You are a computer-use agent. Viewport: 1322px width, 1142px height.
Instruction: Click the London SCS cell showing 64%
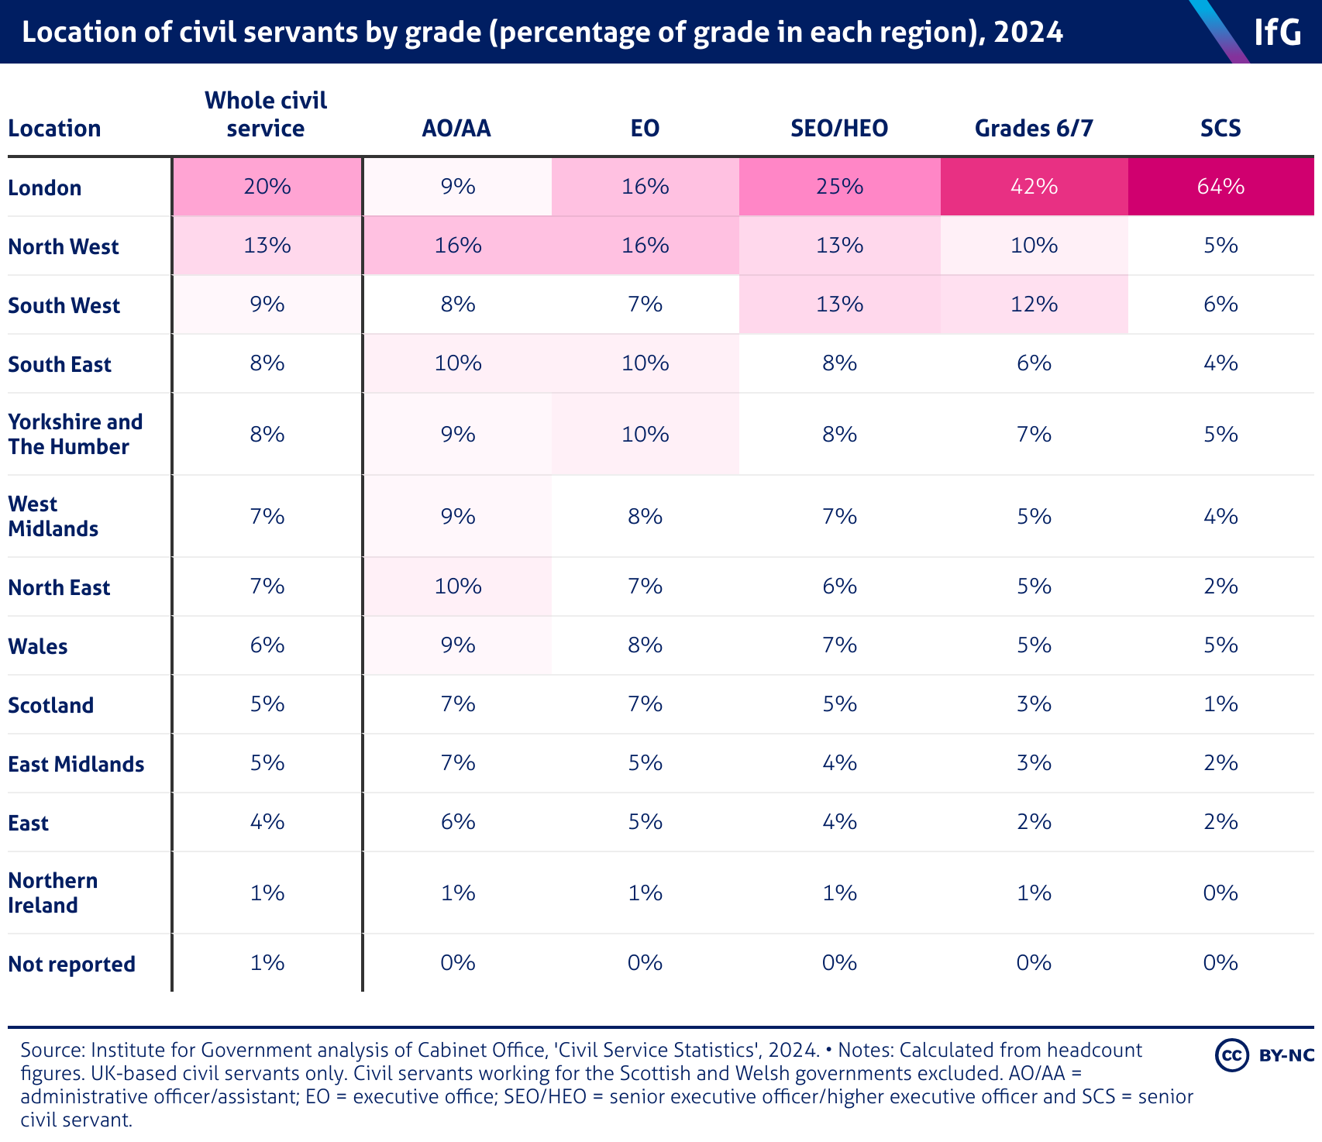coord(1220,187)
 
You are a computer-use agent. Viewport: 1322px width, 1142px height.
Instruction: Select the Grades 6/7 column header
coord(1034,128)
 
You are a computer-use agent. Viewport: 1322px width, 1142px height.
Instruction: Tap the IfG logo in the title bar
coord(1277,32)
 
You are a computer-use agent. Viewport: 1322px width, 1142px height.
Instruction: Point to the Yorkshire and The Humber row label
coord(75,434)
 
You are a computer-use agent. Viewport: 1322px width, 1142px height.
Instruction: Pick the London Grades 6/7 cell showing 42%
coord(1034,187)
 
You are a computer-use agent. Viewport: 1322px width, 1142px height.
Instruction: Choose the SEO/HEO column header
coord(839,128)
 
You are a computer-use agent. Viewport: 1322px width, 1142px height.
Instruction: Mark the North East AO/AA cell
coord(458,586)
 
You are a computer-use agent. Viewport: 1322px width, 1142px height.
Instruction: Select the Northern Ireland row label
coord(53,893)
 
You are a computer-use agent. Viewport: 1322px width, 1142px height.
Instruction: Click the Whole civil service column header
coord(266,114)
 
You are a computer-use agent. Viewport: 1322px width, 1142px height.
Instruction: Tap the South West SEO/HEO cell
coord(839,304)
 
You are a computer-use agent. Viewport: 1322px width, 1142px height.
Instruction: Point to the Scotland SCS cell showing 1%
coord(1220,704)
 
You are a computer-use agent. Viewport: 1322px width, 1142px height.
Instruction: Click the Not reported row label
coord(71,964)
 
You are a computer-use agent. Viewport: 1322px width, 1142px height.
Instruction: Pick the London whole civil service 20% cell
coord(267,187)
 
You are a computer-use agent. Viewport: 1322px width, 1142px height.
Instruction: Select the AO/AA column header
coord(456,128)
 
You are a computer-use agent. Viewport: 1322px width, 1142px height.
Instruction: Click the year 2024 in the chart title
coord(1028,32)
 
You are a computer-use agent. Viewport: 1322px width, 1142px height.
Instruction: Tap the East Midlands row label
coord(76,764)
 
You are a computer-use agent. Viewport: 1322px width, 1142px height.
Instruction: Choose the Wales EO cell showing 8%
coord(645,645)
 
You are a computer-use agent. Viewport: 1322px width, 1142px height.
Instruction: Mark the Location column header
coord(54,128)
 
